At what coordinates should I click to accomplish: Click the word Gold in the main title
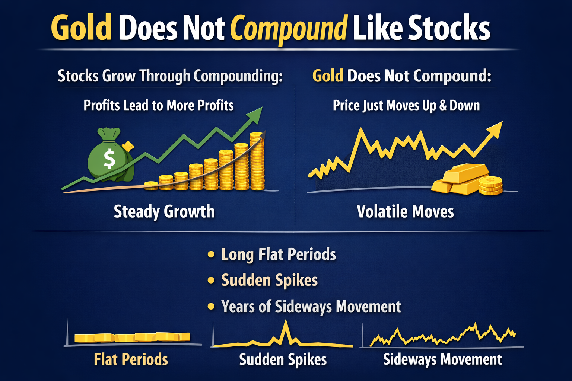pyautogui.click(x=81, y=28)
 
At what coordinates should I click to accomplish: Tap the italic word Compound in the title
pyautogui.click(x=289, y=29)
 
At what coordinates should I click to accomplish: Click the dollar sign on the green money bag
pyautogui.click(x=109, y=159)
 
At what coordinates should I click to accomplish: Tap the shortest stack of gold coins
pyautogui.click(x=151, y=186)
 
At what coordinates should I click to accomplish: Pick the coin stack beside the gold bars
pyautogui.click(x=490, y=186)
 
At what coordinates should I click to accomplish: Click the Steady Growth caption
pyautogui.click(x=164, y=212)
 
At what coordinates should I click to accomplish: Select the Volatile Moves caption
pyautogui.click(x=405, y=212)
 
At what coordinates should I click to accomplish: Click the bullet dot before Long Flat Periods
pyautogui.click(x=211, y=254)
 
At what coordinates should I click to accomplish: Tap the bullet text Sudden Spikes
pyautogui.click(x=269, y=280)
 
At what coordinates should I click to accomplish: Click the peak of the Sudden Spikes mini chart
pyautogui.click(x=286, y=322)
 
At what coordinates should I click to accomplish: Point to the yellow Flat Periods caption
pyautogui.click(x=131, y=359)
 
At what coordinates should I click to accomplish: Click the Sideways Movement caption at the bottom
pyautogui.click(x=442, y=359)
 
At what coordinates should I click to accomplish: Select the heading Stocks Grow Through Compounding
pyautogui.click(x=170, y=76)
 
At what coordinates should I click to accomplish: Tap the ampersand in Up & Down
pyautogui.click(x=443, y=106)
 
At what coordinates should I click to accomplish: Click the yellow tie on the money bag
pyautogui.click(x=128, y=145)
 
